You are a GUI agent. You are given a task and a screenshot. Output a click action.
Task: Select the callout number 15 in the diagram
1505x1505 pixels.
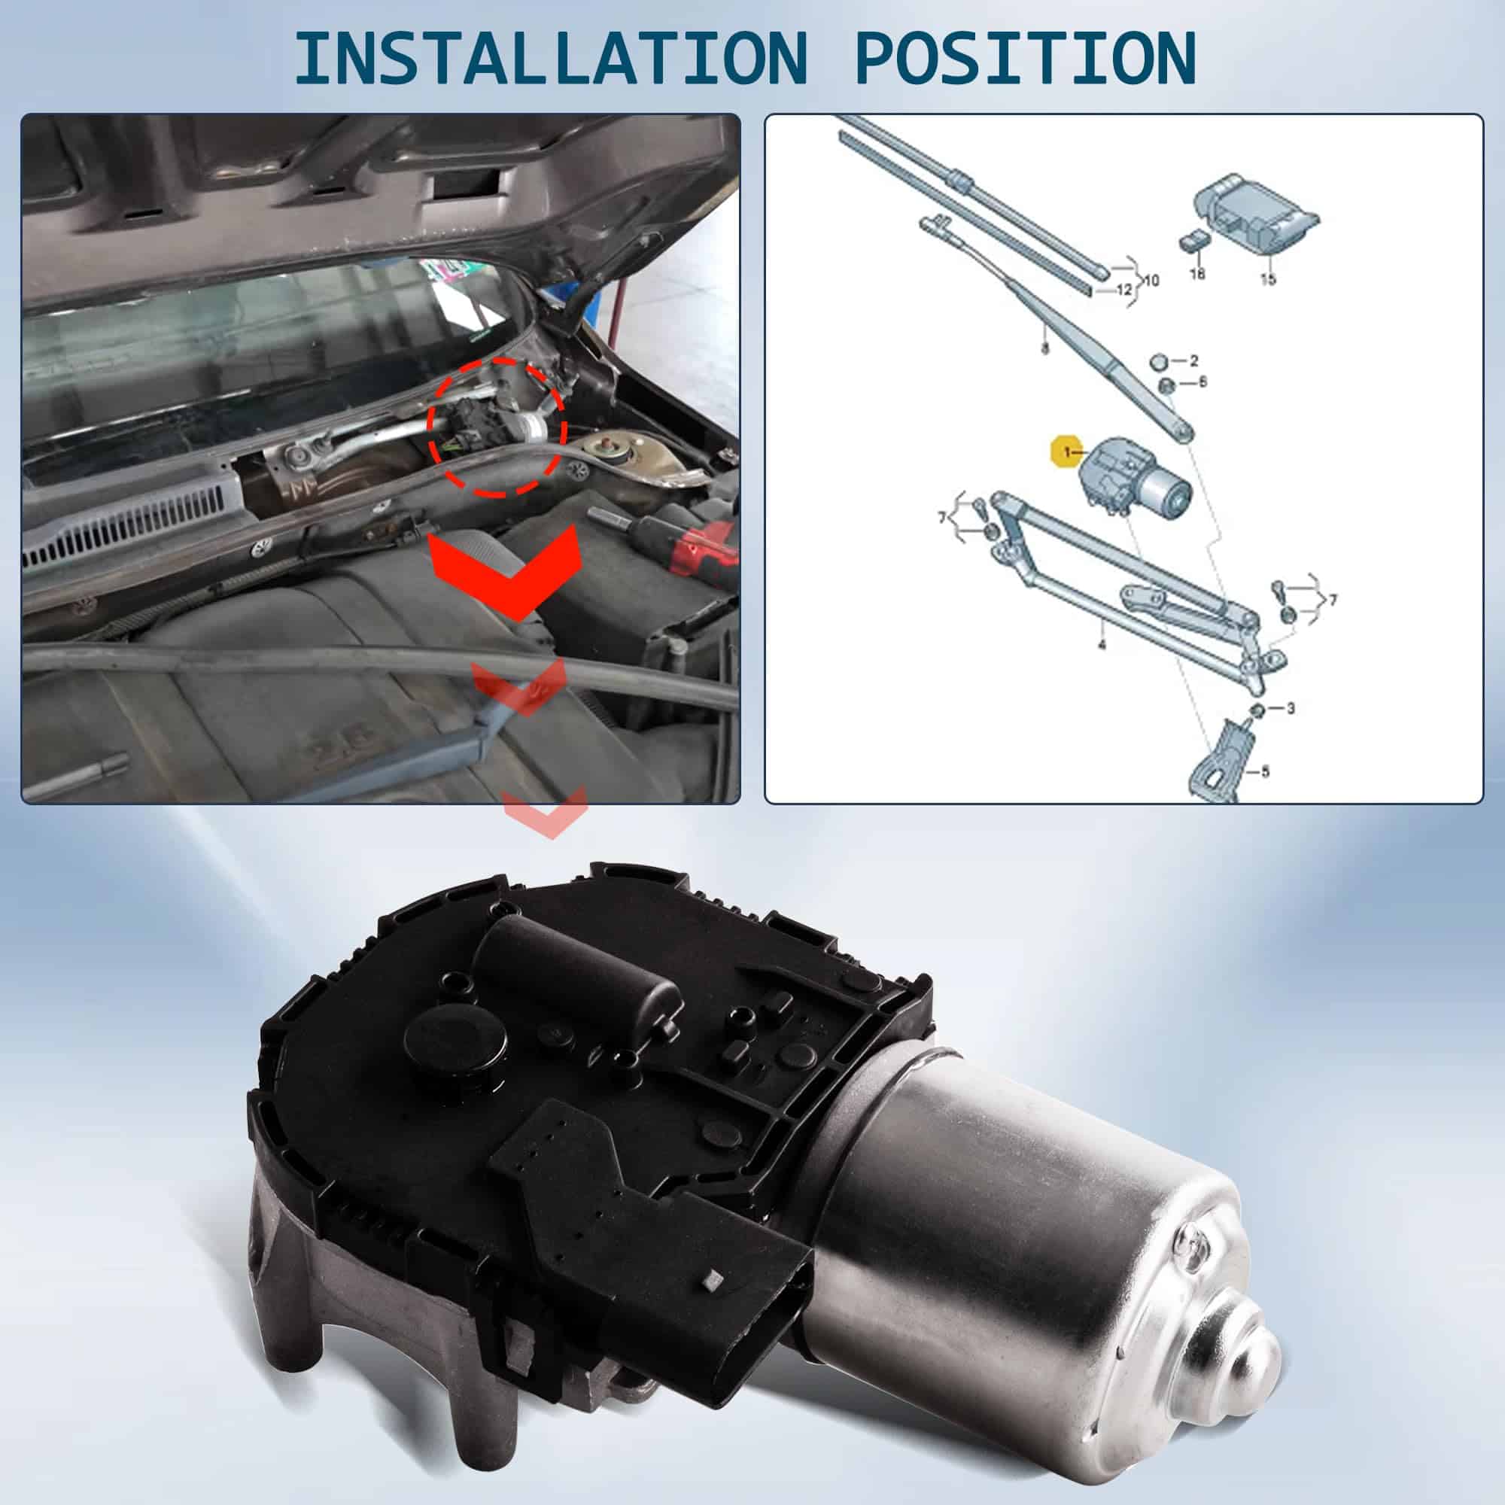click(x=1268, y=279)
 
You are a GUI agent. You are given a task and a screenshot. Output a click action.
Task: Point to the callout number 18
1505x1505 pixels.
click(x=1197, y=273)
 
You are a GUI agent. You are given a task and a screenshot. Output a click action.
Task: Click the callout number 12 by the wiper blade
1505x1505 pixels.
click(x=1123, y=290)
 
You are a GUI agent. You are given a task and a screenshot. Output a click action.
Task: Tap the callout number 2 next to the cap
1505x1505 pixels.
click(x=1193, y=360)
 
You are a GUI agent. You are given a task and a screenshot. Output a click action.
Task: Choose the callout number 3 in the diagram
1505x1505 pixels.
click(x=1291, y=708)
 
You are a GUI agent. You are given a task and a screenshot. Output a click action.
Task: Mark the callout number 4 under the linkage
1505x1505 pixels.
click(x=1102, y=645)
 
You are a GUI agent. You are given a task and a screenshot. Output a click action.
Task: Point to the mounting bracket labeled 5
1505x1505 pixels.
click(x=1221, y=759)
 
